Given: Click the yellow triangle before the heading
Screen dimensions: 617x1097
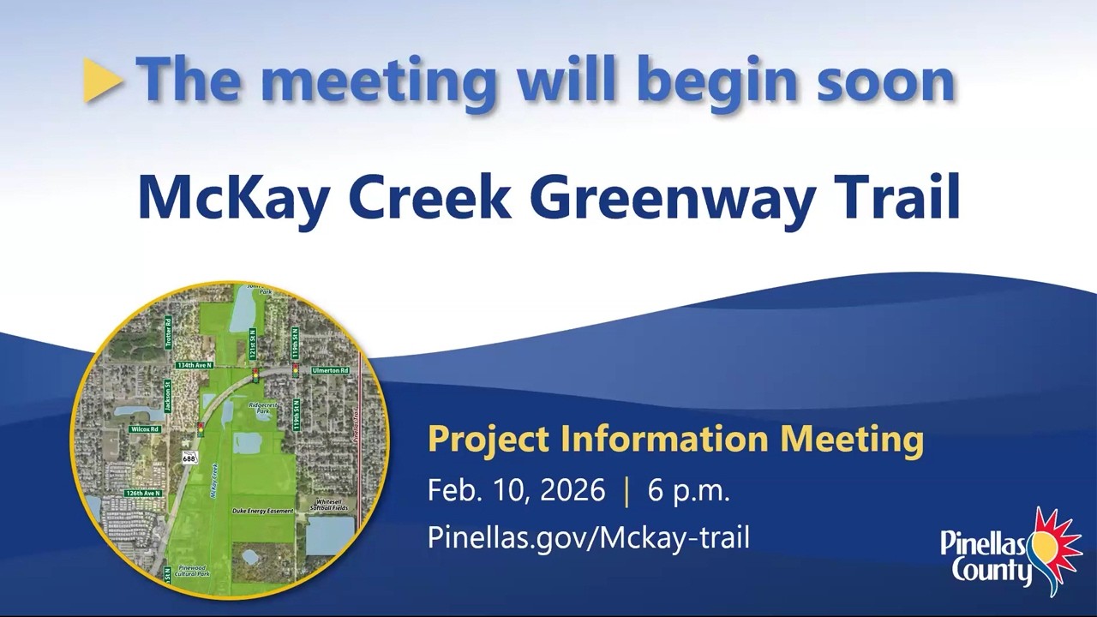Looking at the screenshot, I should (104, 81).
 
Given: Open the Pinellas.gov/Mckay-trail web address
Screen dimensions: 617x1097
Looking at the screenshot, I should (588, 537).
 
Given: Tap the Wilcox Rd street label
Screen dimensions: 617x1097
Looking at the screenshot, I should (145, 428).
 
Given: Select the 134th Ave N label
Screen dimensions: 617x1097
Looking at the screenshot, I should (194, 365).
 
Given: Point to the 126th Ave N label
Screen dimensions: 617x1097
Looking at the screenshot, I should (142, 494).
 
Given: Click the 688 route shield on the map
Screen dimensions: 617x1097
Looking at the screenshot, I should (189, 459).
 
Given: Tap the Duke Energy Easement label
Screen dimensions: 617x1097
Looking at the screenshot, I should (263, 511).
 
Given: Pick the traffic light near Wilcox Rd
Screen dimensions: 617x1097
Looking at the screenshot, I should (201, 428).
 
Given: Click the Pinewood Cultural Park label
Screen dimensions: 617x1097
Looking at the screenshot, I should (191, 571).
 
